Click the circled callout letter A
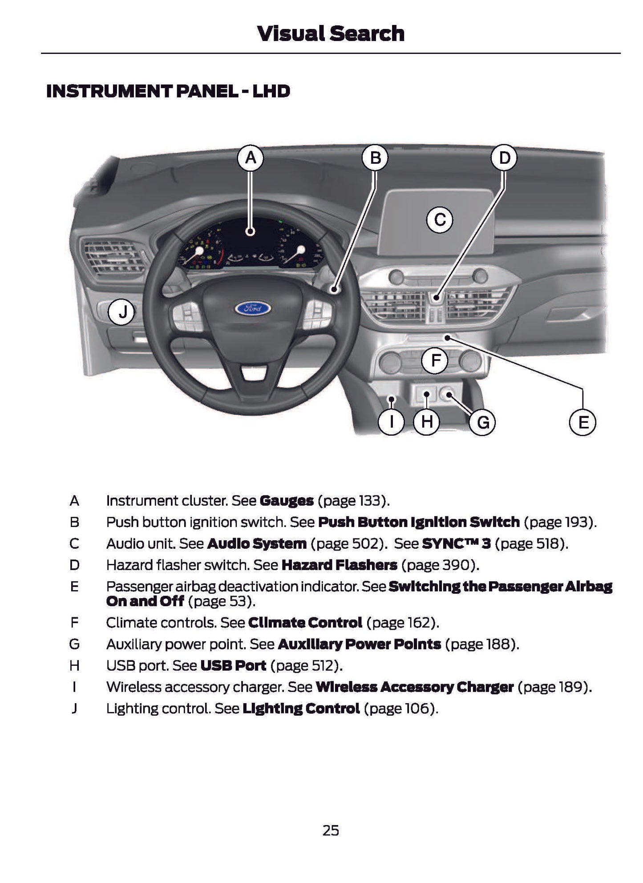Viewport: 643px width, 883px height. pos(251,158)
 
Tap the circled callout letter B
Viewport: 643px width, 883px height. pos(375,158)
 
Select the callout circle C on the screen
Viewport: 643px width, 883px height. pos(440,220)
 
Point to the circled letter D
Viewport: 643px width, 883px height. pos(504,158)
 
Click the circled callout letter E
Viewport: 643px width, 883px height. pos(583,422)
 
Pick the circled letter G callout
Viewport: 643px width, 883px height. pos(483,422)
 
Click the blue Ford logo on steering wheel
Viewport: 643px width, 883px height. pos(252,308)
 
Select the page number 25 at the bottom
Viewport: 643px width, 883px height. pos(331,830)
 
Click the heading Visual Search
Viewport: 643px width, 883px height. pos(331,34)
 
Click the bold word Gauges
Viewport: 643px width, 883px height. pos(286,501)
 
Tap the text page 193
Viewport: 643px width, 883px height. pos(559,522)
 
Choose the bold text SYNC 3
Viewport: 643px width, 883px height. pos(456,543)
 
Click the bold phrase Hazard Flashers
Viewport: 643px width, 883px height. pos(339,565)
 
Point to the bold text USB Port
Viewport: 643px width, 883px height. pos(233,666)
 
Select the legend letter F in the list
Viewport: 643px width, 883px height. pos(74,623)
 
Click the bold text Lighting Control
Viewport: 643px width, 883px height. pos(301,709)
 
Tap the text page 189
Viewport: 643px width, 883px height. pos(554,687)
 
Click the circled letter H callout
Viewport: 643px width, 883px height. pos(426,422)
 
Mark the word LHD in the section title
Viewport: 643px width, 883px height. pos(271,91)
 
